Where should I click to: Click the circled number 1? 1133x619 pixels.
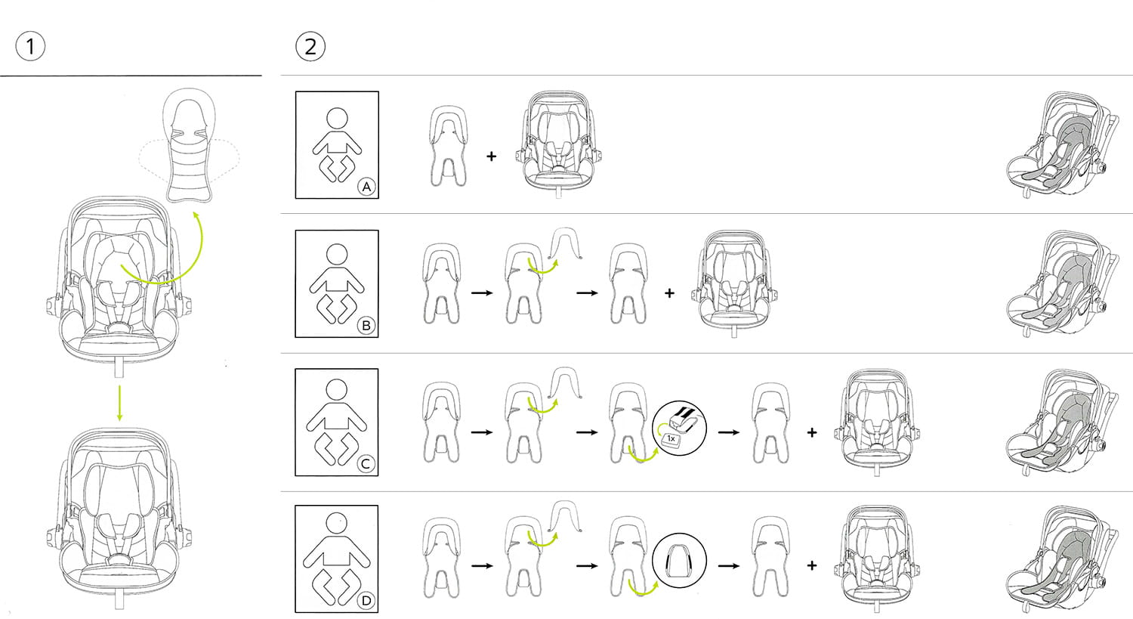[x=30, y=46]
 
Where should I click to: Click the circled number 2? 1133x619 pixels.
[x=310, y=47]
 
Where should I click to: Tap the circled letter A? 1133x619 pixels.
[x=366, y=187]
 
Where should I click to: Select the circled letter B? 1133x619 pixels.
[x=366, y=326]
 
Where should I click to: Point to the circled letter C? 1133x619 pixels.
[x=366, y=464]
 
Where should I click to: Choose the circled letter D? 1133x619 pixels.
[x=366, y=601]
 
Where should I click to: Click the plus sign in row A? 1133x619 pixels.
[x=491, y=156]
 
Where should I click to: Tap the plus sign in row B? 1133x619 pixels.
[x=669, y=293]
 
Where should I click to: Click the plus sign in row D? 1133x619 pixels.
[x=812, y=565]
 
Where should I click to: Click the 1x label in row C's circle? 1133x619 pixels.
[x=671, y=439]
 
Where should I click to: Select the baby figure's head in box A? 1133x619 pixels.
[x=337, y=119]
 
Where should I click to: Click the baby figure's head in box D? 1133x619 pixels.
[x=337, y=523]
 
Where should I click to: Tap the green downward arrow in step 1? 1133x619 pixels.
[x=119, y=404]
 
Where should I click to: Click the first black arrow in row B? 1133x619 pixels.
[x=482, y=293]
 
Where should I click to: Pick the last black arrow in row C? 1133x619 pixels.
[x=729, y=433]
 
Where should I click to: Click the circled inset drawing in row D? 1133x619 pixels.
[x=679, y=560]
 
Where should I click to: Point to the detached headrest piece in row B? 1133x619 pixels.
[x=564, y=243]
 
